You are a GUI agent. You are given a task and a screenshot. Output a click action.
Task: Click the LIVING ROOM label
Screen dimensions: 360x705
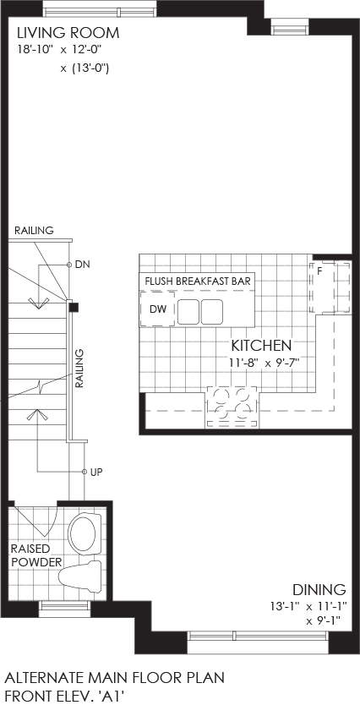pyautogui.click(x=68, y=33)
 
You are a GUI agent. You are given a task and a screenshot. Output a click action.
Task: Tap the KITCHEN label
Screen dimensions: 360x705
pyautogui.click(x=262, y=345)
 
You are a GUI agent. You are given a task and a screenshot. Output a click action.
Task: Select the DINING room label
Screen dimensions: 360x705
pyautogui.click(x=319, y=589)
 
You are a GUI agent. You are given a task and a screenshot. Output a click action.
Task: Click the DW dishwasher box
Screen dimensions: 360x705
pyautogui.click(x=157, y=309)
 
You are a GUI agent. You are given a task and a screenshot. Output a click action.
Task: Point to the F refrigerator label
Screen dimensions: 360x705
pyautogui.click(x=319, y=271)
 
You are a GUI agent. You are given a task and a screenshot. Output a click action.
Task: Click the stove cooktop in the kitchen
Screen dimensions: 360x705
pyautogui.click(x=232, y=407)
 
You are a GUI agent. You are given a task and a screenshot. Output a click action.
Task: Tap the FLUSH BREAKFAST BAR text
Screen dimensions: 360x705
pyautogui.click(x=197, y=281)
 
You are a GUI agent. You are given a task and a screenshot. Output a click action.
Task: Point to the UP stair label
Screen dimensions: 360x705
pyautogui.click(x=96, y=472)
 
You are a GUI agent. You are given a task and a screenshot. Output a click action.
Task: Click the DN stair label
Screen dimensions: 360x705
pyautogui.click(x=82, y=265)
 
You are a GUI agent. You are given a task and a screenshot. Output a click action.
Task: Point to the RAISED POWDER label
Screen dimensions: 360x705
pyautogui.click(x=37, y=555)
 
